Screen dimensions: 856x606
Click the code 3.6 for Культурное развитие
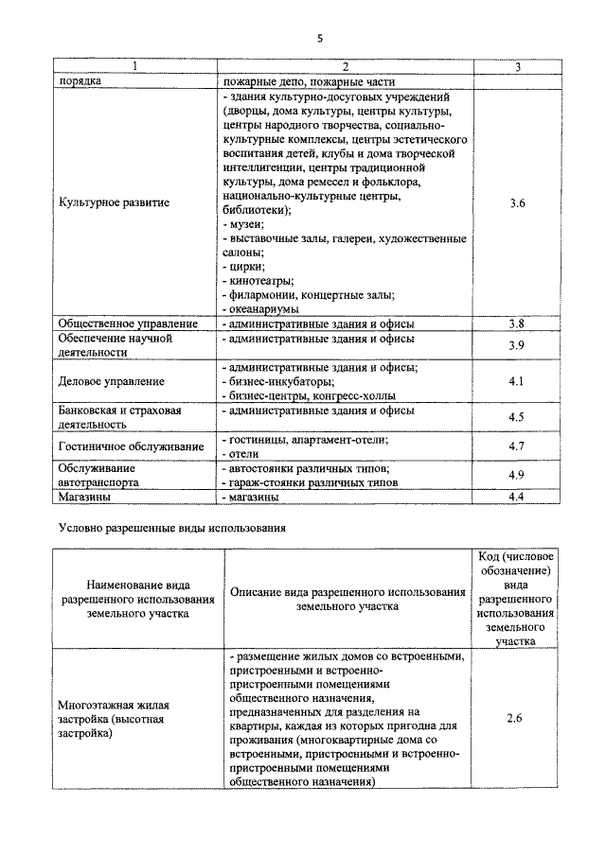[x=516, y=203]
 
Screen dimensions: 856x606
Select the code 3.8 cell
[x=516, y=323]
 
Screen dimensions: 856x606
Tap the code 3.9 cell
[x=516, y=345]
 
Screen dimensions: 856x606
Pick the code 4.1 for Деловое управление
[x=516, y=381]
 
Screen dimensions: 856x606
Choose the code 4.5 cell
[x=516, y=417]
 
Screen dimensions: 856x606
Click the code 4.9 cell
[x=516, y=475]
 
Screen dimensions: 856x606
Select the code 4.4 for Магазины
[x=516, y=497]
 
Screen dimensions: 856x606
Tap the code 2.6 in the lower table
[x=516, y=719]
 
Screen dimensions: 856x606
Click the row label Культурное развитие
[x=114, y=203]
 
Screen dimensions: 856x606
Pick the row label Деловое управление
[x=112, y=381]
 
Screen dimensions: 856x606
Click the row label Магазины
[x=85, y=497]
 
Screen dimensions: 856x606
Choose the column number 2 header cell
[x=345, y=66]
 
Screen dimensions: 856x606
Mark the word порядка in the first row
[x=80, y=81]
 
